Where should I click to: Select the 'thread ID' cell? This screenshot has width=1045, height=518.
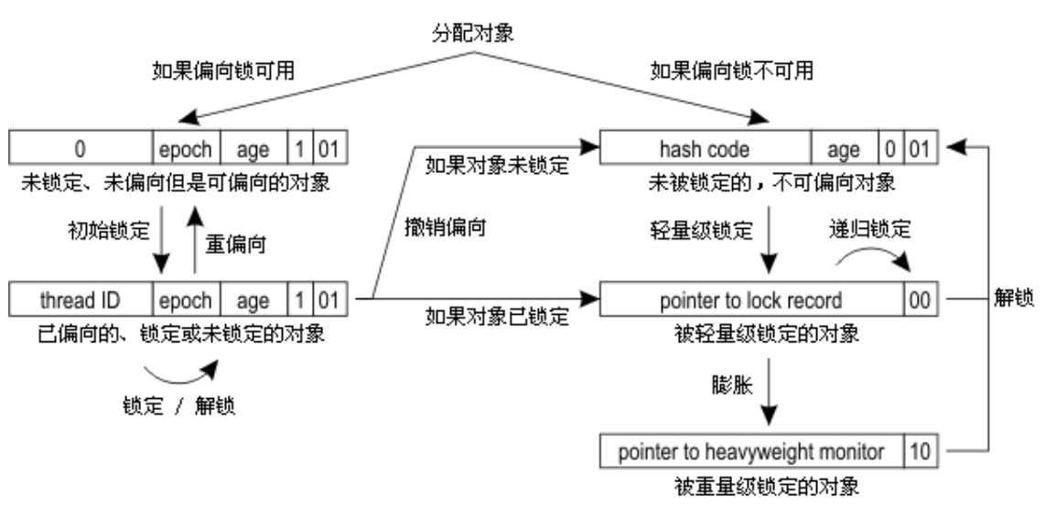(x=80, y=298)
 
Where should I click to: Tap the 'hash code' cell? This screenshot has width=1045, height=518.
(x=705, y=147)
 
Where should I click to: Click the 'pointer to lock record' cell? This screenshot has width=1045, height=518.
(x=750, y=298)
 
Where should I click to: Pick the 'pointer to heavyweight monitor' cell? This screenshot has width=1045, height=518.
(x=750, y=450)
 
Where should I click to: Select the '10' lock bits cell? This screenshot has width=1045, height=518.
(x=920, y=450)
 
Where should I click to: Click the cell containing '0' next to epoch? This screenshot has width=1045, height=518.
(x=80, y=147)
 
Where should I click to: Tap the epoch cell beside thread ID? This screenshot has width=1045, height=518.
(x=185, y=298)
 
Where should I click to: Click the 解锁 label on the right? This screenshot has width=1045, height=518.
(x=1012, y=299)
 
